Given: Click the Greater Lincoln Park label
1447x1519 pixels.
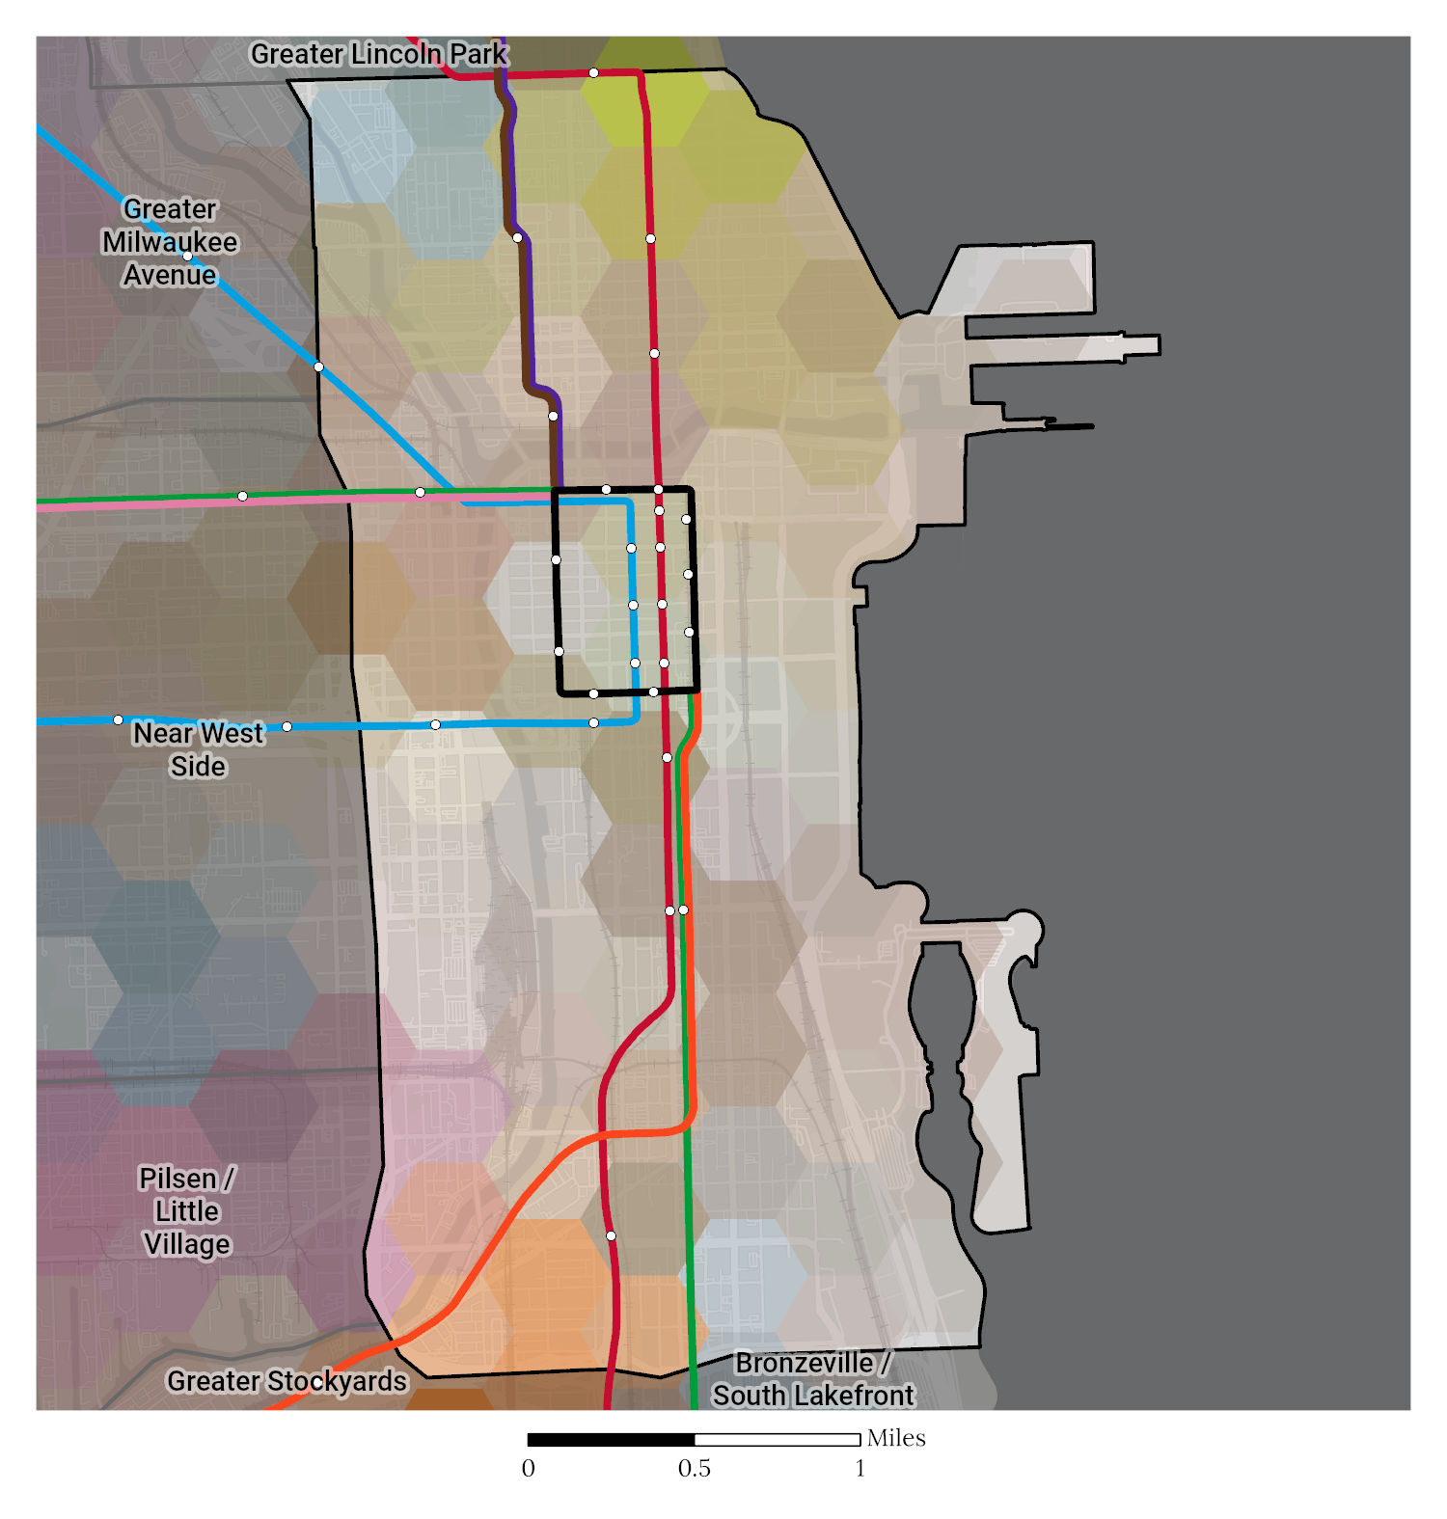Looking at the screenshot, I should pos(378,54).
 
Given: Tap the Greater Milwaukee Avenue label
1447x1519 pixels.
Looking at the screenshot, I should pos(170,242).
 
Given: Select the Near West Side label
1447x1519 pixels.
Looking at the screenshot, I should pos(198,749).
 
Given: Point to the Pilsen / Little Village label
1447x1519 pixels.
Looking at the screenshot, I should pos(187,1211).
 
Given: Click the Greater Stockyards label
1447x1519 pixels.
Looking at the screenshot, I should pos(287,1381).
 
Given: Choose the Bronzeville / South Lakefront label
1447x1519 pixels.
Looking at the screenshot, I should pos(812,1379).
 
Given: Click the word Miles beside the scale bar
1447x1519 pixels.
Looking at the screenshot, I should pos(896,1438).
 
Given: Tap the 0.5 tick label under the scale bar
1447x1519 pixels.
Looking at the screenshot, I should pos(694,1469).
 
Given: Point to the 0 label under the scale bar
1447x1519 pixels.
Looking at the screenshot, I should pos(528,1469).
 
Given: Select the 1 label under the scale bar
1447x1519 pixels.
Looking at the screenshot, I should pos(860,1469).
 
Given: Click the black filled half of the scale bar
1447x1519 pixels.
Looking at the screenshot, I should pos(611,1440).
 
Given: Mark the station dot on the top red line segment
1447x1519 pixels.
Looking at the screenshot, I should pos(593,73).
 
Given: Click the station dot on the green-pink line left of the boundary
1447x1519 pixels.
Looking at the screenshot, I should pos(242,497).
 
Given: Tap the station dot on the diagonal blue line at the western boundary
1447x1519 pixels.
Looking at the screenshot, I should pos(318,366).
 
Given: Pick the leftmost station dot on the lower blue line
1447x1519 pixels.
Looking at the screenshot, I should pos(118,720).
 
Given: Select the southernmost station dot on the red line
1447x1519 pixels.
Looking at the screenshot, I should pos(611,1235).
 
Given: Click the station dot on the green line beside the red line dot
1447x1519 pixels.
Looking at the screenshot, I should pos(684,909).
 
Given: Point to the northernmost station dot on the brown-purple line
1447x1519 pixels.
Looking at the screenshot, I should pos(518,237).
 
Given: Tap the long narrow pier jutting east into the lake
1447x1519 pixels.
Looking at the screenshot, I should pos(1061,346).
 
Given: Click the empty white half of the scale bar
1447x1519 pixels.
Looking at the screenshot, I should pos(777,1440).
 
